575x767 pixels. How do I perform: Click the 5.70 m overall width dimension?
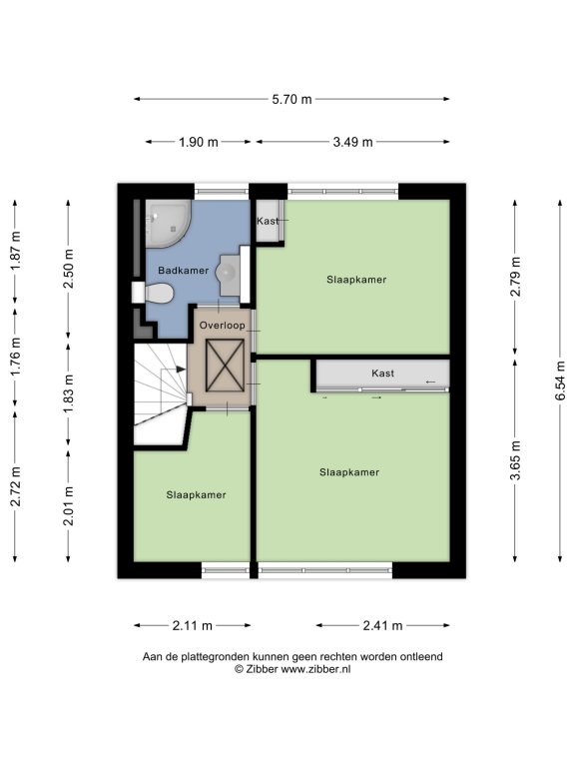(291, 99)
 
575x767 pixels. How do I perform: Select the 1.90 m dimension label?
(199, 143)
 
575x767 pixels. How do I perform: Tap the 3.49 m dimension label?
(353, 143)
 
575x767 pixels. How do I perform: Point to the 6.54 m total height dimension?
(560, 381)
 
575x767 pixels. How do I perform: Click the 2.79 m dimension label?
(515, 277)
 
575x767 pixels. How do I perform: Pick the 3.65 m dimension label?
(515, 460)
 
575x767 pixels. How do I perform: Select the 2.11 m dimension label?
(192, 625)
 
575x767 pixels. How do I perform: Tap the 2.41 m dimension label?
(383, 625)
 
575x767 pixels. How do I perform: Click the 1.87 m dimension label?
(16, 250)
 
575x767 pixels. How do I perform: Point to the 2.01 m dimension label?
(69, 505)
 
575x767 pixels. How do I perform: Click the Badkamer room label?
(184, 271)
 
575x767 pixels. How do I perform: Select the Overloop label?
(223, 326)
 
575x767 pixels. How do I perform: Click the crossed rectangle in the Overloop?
(225, 366)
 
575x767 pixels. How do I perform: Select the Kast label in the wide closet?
(383, 374)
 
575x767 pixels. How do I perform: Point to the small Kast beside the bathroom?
(269, 221)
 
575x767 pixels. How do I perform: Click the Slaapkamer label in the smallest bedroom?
(196, 495)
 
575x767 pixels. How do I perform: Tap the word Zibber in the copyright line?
(263, 670)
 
